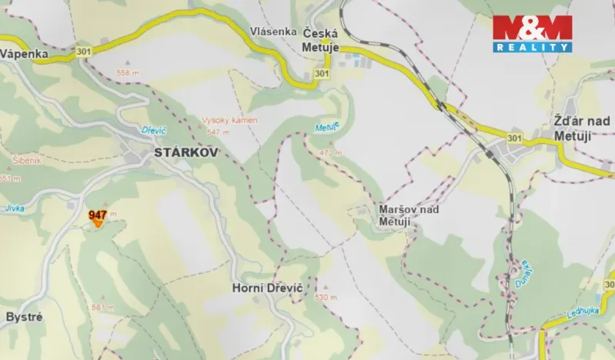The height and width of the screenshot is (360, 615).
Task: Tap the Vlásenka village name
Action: coord(272,32)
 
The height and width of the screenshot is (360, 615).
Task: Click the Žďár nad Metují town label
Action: coord(582,128)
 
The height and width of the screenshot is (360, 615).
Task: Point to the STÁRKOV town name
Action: coord(186,152)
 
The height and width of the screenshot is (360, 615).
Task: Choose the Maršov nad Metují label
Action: coord(409,215)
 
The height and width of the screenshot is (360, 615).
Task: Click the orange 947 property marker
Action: coord(98,219)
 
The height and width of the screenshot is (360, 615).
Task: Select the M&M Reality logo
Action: coord(532,33)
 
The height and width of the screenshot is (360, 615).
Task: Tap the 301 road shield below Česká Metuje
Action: coord(322,73)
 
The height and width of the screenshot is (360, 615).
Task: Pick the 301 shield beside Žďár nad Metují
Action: coord(514,138)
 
